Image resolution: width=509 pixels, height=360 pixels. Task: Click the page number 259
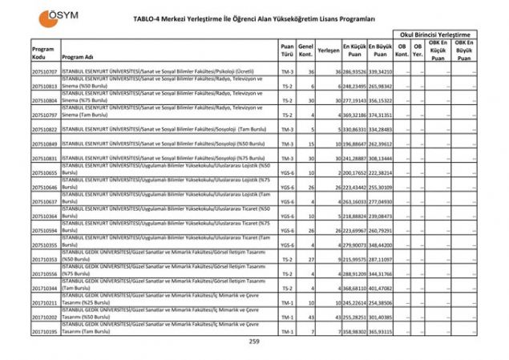click(254, 342)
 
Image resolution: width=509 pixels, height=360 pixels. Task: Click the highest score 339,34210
click(381, 72)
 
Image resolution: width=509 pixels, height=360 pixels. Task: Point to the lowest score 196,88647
click(355, 144)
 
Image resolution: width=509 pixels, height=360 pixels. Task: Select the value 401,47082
click(381, 288)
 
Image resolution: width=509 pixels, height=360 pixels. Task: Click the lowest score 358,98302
click(355, 331)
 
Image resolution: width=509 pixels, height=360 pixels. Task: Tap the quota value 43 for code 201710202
click(309, 317)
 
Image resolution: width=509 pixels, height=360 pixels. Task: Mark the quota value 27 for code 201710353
click(309, 260)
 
